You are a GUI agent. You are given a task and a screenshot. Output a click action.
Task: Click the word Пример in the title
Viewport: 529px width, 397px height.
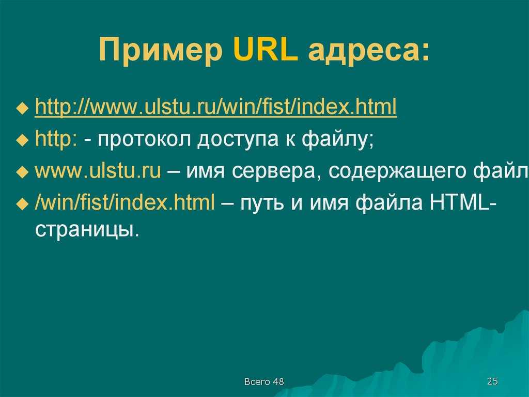(x=161, y=50)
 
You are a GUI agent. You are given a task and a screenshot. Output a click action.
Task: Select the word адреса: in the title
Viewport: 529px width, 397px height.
(x=369, y=51)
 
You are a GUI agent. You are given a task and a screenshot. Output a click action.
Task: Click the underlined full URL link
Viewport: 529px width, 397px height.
(x=216, y=107)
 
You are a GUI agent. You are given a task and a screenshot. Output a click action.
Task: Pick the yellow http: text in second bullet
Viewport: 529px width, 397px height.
(x=56, y=139)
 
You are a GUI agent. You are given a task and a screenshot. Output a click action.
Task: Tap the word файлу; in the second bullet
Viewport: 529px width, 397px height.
(x=337, y=139)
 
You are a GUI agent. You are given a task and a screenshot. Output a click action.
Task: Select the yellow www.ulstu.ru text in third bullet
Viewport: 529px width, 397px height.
(x=98, y=171)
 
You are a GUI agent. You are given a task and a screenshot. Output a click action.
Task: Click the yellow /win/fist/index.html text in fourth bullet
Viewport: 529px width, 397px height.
(x=125, y=202)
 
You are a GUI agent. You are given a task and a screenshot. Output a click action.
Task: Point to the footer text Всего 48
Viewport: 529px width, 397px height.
(x=264, y=382)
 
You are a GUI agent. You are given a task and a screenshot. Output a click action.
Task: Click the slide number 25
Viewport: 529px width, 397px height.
(x=492, y=381)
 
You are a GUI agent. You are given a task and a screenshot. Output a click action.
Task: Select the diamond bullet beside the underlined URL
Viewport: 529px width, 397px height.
(x=23, y=109)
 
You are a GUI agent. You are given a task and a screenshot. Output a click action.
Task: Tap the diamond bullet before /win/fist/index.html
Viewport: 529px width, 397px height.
(x=23, y=204)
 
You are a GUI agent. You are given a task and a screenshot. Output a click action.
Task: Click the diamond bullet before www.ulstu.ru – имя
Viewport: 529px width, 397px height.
(x=23, y=172)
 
